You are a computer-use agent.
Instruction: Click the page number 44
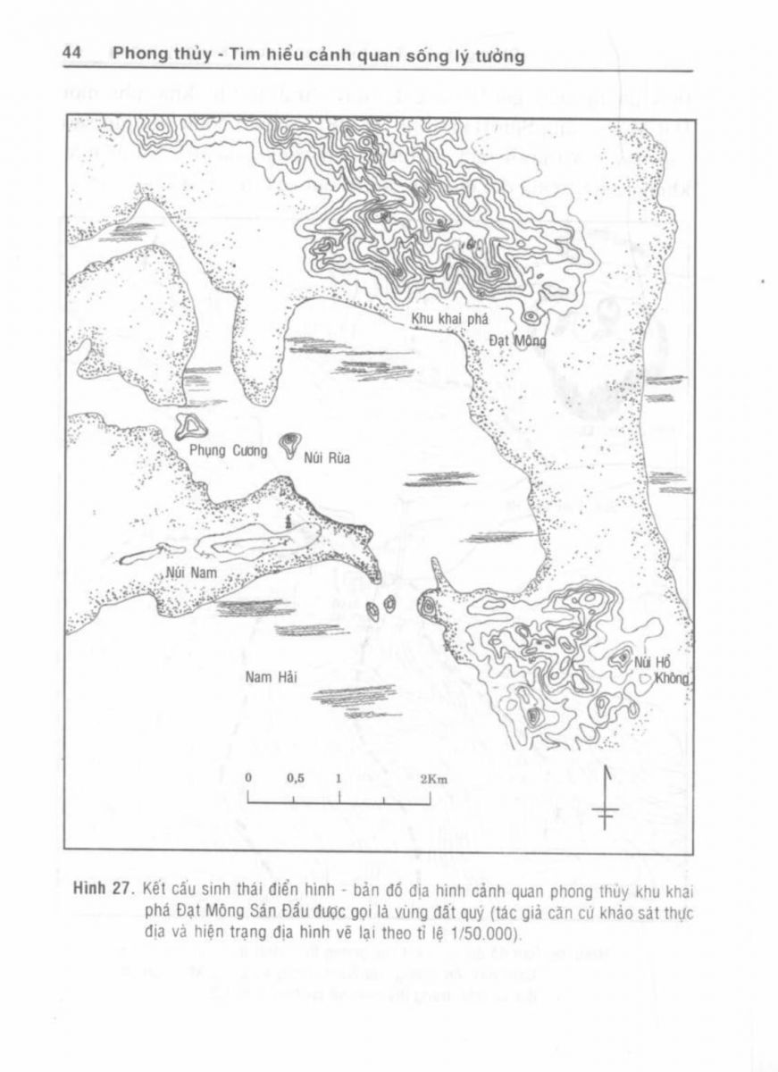72,54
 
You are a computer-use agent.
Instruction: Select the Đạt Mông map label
517,340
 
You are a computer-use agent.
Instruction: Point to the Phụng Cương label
228,451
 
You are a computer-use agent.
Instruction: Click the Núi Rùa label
326,459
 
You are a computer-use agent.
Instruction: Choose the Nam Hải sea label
271,676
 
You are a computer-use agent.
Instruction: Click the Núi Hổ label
651,663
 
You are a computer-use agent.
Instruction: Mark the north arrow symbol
606,798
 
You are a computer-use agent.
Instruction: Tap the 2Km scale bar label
433,778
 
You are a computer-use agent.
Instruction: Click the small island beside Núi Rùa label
289,444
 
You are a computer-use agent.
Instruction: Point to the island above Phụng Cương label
191,427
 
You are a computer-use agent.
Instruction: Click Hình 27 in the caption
104,892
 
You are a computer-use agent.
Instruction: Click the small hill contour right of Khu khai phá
531,316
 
